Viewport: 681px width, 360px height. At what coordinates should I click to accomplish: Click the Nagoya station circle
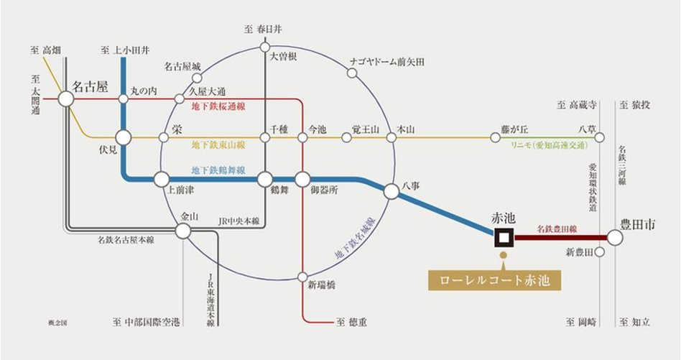(66, 98)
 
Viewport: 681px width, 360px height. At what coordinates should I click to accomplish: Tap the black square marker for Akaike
(503, 237)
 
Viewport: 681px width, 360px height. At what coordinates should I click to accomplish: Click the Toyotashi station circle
(615, 237)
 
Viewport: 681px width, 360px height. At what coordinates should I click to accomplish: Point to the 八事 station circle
(392, 191)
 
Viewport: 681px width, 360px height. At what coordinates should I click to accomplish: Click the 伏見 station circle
(124, 137)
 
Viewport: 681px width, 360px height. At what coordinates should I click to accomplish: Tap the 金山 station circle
(183, 230)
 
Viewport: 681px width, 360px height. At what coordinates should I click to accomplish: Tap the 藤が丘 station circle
(495, 137)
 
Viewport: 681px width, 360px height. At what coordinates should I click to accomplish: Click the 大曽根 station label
(283, 55)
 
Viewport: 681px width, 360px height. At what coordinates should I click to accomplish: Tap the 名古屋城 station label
(182, 67)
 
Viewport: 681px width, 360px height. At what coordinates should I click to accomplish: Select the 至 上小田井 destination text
(126, 50)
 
